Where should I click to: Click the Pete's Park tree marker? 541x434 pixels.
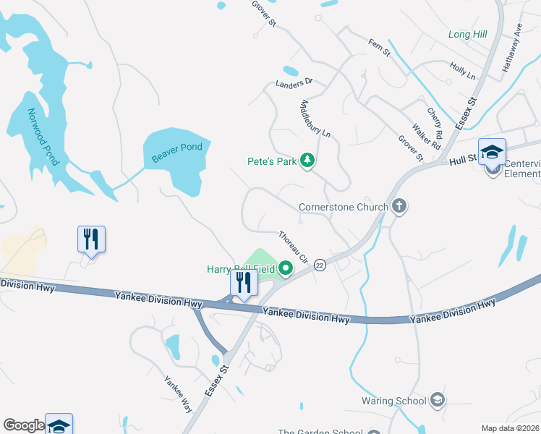pos(307,160)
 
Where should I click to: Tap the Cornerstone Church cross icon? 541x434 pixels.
pos(399,207)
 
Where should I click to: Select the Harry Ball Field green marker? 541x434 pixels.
pos(286,269)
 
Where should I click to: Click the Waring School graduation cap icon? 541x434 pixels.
pos(437,400)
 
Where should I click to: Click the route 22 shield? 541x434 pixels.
pos(320,265)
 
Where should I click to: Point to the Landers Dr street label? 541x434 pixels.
pos(294,84)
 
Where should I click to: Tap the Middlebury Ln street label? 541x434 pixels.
pos(315,119)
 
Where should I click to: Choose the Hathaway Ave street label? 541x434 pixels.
pos(513,51)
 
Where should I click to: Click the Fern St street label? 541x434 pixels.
pos(379,48)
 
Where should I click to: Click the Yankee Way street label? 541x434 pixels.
pos(177,393)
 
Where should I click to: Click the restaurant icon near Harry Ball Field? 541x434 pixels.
pos(244,284)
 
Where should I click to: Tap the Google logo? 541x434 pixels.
pos(23,425)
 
